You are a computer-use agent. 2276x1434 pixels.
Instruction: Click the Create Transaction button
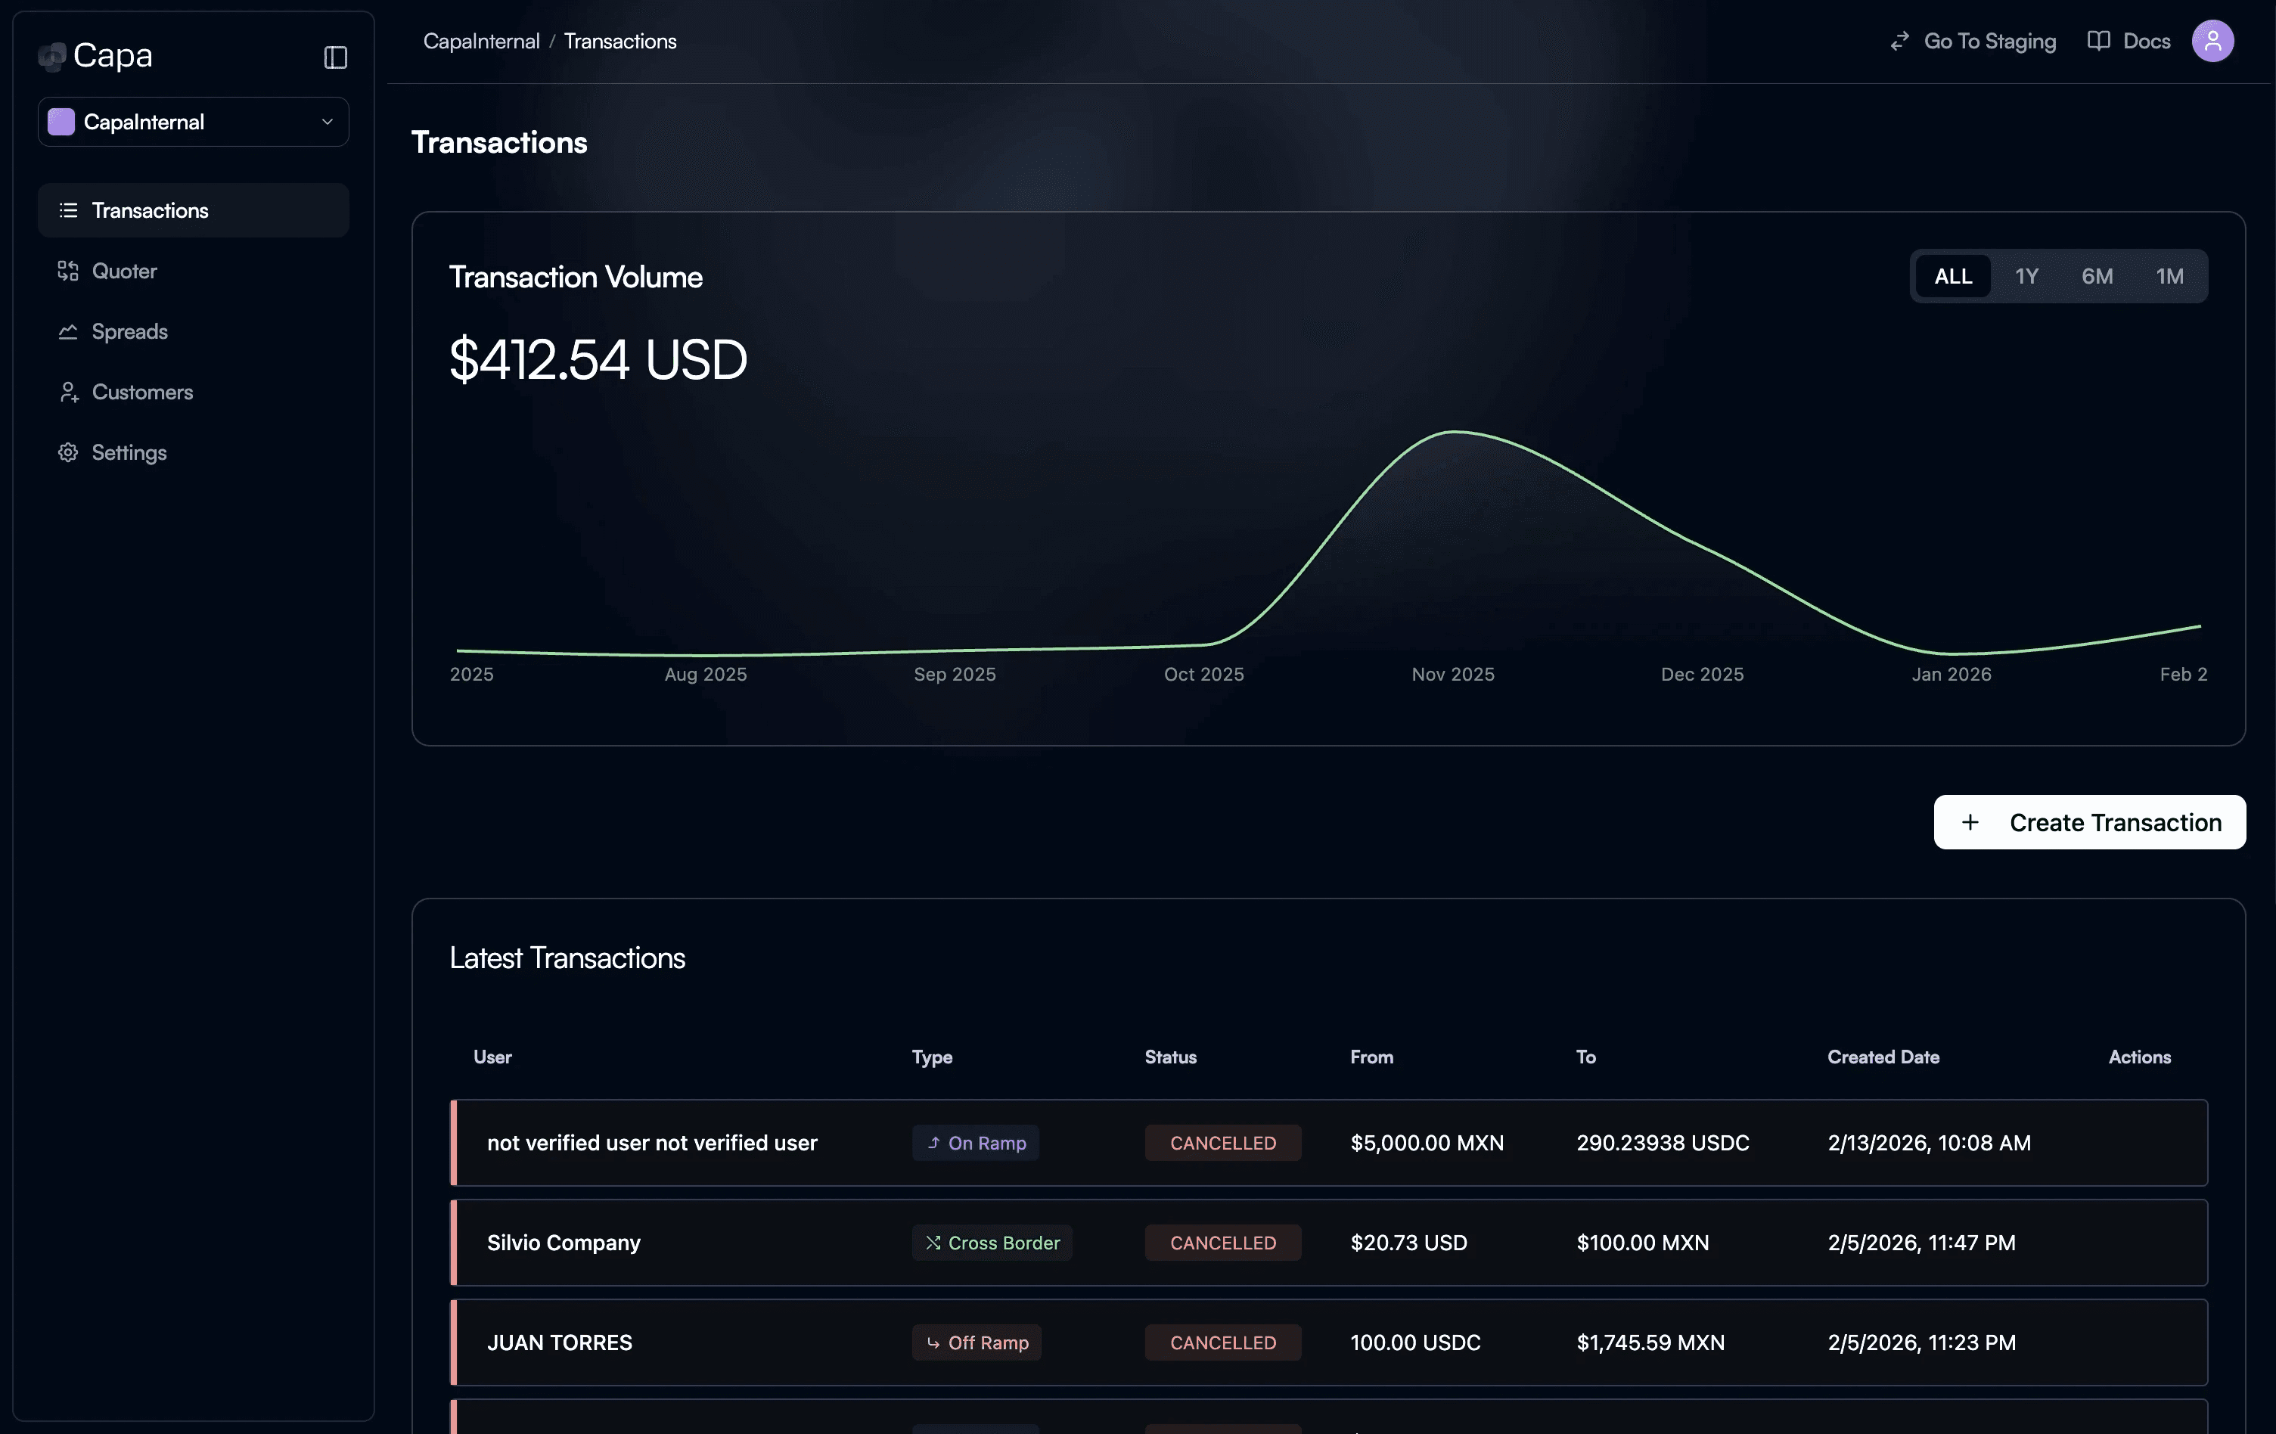pyautogui.click(x=2089, y=822)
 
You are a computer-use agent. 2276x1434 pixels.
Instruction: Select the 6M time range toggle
pyautogui.click(x=2097, y=276)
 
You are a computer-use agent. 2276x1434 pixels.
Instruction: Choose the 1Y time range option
pyautogui.click(x=2026, y=276)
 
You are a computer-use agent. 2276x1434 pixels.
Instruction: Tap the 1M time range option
pyautogui.click(x=2169, y=276)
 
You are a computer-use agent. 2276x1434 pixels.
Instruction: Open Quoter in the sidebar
pyautogui.click(x=124, y=272)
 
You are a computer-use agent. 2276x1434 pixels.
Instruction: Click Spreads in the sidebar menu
pyautogui.click(x=129, y=332)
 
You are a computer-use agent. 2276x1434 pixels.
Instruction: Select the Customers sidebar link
pyautogui.click(x=141, y=393)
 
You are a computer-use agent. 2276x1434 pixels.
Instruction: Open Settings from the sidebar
pyautogui.click(x=129, y=453)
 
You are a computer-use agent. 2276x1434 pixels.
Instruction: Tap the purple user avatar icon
pyautogui.click(x=2212, y=42)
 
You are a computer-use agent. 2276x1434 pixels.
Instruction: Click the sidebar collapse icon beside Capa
pyautogui.click(x=336, y=57)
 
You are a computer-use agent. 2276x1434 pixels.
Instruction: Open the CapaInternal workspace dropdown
pyautogui.click(x=193, y=122)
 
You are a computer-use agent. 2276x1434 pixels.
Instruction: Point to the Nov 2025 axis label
pyautogui.click(x=1453, y=674)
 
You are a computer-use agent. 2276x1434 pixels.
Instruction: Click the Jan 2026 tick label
pyautogui.click(x=1951, y=674)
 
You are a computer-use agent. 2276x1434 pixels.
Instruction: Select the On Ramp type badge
pyautogui.click(x=976, y=1143)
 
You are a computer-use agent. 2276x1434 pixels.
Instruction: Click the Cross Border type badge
pyautogui.click(x=992, y=1243)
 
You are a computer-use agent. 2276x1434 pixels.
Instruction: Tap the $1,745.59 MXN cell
pyautogui.click(x=1650, y=1342)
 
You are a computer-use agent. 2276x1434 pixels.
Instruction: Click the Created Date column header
pyautogui.click(x=1883, y=1057)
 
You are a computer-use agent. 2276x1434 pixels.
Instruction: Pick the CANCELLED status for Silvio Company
pyautogui.click(x=1222, y=1243)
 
